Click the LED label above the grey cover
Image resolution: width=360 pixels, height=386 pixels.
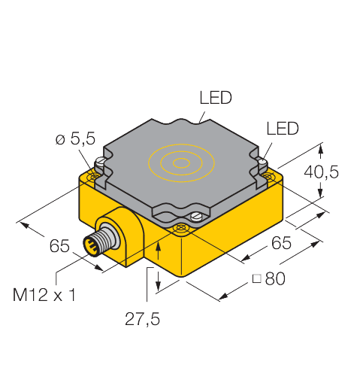pyautogui.click(x=216, y=97)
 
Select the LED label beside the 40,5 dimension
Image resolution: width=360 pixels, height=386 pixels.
pyautogui.click(x=283, y=129)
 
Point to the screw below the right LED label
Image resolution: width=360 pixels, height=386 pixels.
pyautogui.click(x=262, y=162)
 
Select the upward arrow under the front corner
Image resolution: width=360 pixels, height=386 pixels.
pyautogui.click(x=159, y=249)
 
